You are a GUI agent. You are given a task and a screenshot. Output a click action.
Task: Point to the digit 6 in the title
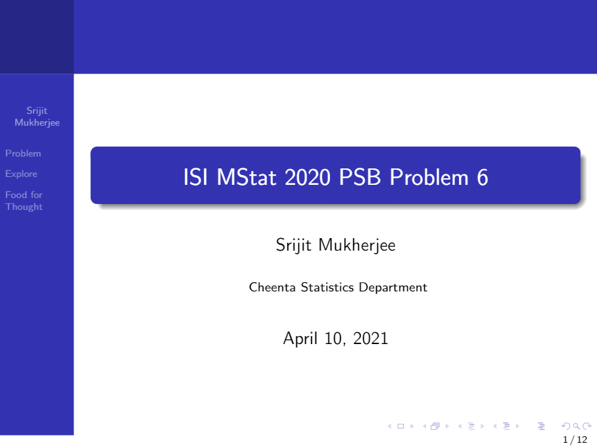[483, 178]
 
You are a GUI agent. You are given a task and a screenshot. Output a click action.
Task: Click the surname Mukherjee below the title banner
[357, 245]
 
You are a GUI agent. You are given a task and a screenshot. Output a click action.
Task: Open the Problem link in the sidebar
[23, 153]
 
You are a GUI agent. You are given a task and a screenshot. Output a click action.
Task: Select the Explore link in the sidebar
[21, 174]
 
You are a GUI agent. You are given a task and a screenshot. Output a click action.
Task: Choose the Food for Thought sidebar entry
[24, 201]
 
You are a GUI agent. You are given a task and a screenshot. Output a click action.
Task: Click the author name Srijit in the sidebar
[37, 111]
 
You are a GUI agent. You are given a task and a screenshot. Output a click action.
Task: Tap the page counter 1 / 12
[575, 439]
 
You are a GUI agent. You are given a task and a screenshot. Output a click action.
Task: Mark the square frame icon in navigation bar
[400, 426]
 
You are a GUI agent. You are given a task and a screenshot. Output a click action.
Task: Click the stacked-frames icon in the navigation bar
[435, 426]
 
